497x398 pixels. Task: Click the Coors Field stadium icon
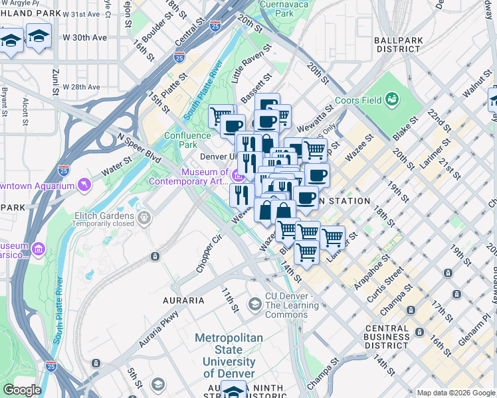pos(393,99)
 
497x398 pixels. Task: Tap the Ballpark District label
pos(398,45)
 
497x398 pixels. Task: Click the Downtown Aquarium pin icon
pos(84,184)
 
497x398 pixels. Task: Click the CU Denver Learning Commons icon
pos(254,304)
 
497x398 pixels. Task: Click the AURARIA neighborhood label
pos(184,300)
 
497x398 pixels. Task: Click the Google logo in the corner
pos(22,390)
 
